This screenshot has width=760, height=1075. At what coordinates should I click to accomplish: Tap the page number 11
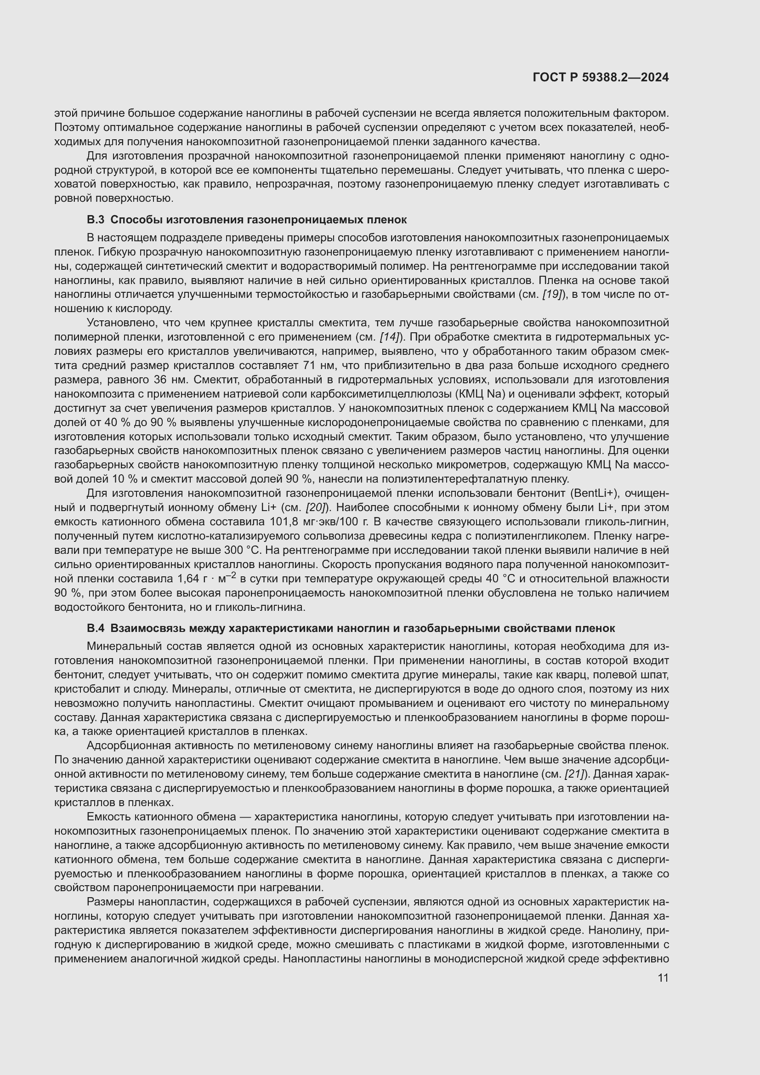[663, 978]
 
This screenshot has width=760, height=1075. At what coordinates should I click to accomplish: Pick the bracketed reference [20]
[316, 508]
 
